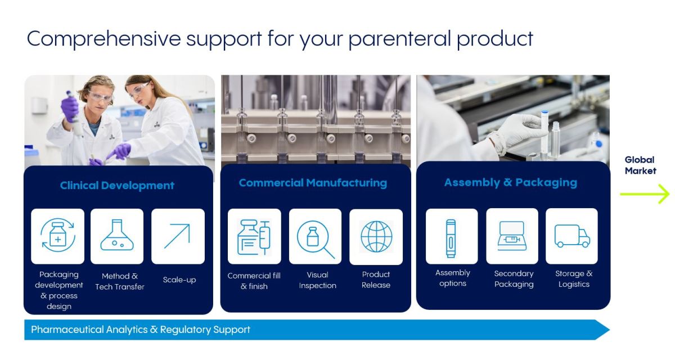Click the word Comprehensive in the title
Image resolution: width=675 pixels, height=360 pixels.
tap(103, 39)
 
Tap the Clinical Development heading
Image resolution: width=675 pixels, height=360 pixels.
tap(117, 185)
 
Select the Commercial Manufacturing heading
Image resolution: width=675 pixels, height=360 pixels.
tap(313, 183)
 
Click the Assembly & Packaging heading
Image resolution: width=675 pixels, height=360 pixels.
tap(511, 183)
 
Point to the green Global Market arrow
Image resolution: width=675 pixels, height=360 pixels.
tap(645, 194)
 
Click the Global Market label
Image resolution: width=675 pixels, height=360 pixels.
tap(640, 165)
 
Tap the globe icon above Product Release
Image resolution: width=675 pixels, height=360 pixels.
tap(376, 236)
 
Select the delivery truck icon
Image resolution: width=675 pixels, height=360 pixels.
tap(572, 236)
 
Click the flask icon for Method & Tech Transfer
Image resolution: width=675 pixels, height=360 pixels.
tap(117, 235)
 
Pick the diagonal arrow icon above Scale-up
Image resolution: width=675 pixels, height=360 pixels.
tap(177, 236)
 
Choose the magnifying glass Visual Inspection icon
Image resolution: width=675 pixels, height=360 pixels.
tap(316, 239)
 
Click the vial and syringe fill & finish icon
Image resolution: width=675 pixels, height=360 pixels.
tap(254, 237)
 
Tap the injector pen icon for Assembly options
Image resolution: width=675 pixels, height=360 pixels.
tap(451, 238)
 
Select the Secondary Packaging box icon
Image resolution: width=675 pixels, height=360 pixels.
tap(512, 236)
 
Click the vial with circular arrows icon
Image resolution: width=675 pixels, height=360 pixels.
tap(58, 235)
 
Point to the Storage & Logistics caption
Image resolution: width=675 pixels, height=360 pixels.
tap(574, 278)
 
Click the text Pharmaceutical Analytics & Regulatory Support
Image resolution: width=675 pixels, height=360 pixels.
tap(141, 329)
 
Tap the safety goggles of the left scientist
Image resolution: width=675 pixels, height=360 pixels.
tap(101, 96)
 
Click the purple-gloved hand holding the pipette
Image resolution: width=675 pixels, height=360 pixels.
tap(69, 109)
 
